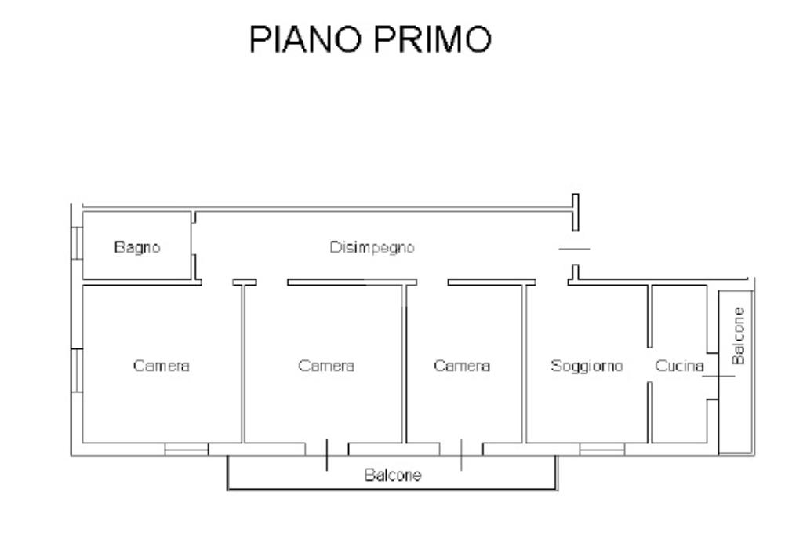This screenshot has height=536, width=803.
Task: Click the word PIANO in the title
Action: tap(305, 39)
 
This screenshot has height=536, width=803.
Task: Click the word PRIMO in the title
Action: tap(433, 39)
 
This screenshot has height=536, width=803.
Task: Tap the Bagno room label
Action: tap(137, 247)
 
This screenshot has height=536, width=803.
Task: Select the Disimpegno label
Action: tap(372, 247)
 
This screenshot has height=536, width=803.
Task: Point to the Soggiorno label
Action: tap(587, 366)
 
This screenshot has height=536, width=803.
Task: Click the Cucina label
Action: tap(679, 366)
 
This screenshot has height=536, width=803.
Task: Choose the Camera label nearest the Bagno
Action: tap(162, 366)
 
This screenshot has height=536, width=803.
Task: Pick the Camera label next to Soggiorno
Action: tap(462, 366)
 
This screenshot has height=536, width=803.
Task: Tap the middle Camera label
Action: tap(326, 366)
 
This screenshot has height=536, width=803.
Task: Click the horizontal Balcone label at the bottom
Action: tap(393, 475)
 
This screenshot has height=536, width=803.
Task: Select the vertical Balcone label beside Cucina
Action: tap(738, 336)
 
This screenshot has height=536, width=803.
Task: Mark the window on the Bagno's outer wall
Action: tap(77, 243)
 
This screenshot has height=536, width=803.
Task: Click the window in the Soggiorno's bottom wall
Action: tap(601, 450)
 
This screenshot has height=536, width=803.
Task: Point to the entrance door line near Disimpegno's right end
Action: tap(575, 249)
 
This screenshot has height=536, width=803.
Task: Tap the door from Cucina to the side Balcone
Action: tap(718, 376)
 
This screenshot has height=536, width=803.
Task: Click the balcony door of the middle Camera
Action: tap(327, 454)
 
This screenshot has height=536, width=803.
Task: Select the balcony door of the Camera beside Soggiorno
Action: tap(461, 454)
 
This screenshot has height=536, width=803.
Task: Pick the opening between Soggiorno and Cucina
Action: tap(649, 365)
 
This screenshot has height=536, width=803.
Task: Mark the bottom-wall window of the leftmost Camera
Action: tap(187, 450)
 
